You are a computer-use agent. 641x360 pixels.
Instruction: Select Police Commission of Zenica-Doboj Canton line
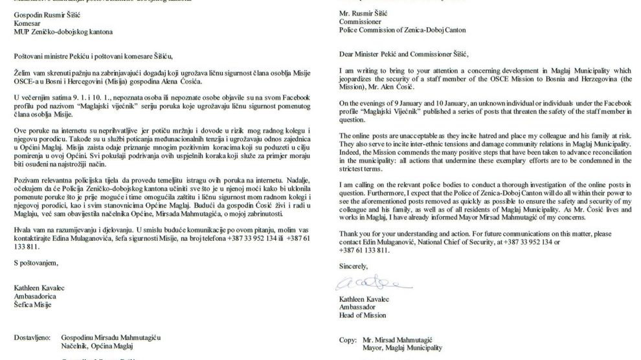click(x=408, y=30)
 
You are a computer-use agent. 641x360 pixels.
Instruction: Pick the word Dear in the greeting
click(x=346, y=54)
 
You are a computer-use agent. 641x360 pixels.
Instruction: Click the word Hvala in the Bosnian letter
click(x=23, y=230)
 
